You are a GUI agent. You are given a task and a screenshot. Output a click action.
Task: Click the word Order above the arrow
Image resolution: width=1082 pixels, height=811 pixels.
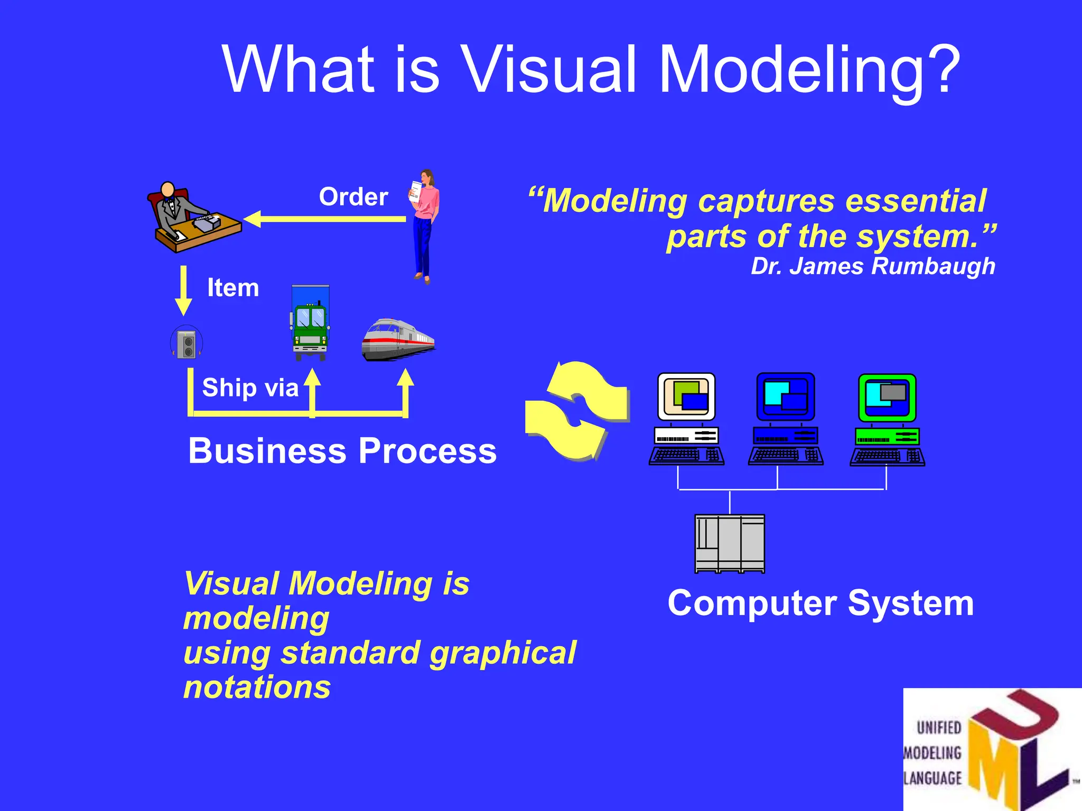pos(353,197)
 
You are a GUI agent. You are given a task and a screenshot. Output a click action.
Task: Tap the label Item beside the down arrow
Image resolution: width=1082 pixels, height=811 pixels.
pos(233,288)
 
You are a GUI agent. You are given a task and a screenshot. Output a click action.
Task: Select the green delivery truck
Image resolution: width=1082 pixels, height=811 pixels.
pos(310,324)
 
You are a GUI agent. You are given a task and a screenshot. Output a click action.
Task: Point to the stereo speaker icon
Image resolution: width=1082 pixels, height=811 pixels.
pos(186,343)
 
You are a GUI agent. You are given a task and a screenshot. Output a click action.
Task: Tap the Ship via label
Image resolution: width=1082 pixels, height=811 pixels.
pos(250,388)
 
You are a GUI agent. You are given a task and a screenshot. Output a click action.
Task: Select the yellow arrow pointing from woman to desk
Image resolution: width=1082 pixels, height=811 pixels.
pos(325,219)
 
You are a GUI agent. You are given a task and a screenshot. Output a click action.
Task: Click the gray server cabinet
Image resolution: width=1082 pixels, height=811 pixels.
pos(730,544)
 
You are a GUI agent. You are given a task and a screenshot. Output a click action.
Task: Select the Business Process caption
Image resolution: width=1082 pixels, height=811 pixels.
pos(342,451)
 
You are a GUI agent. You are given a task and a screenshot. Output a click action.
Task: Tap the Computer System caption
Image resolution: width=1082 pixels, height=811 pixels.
pos(820,603)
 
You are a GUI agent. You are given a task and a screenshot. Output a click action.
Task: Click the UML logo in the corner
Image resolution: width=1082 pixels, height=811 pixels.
pos(992,750)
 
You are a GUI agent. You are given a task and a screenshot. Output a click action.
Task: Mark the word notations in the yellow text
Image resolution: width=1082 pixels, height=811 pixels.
pos(257,687)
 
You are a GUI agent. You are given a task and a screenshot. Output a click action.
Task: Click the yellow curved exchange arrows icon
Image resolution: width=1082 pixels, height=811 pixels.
pos(577,410)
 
